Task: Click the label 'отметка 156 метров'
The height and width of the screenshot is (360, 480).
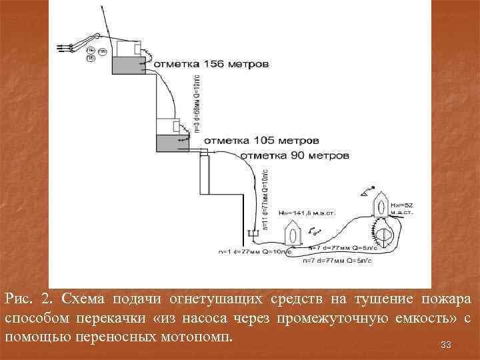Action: [x=212, y=65]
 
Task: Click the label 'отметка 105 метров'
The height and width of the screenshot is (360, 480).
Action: [x=261, y=141]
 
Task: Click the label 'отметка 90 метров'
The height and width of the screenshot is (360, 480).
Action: [x=294, y=155]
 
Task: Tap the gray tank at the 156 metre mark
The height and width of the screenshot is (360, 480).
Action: [x=127, y=65]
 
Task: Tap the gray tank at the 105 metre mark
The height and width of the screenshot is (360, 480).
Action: [x=172, y=142]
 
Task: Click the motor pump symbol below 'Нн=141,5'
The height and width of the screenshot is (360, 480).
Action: [x=293, y=235]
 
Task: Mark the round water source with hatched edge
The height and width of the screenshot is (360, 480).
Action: [x=385, y=232]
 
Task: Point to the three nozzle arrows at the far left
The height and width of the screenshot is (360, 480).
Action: [x=65, y=47]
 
